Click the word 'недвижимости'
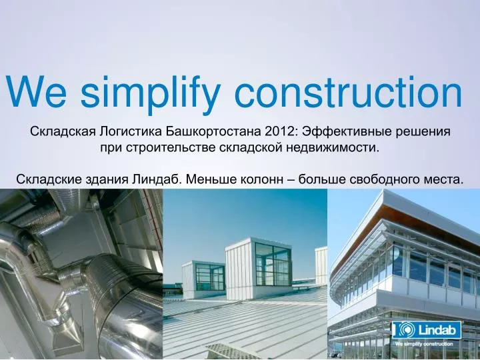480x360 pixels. pos(339,147)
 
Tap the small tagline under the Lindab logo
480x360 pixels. pos(424,344)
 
